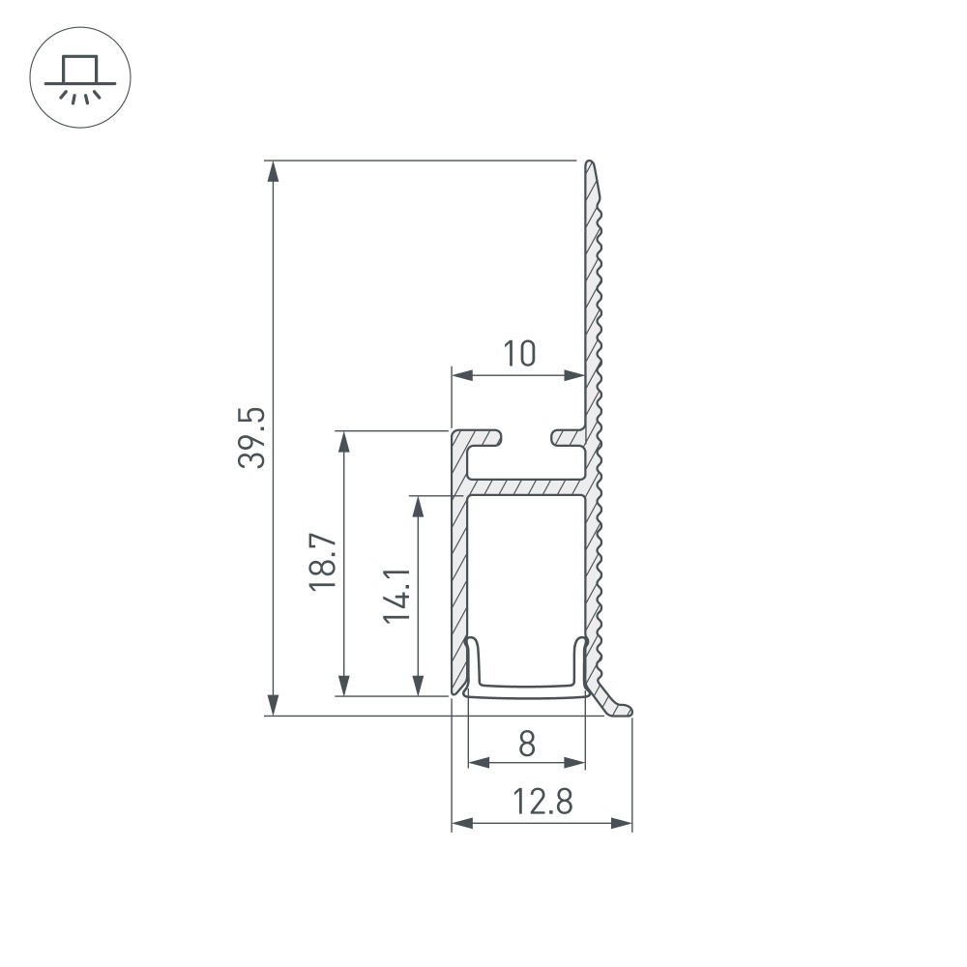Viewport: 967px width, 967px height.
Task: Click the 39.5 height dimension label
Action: tap(250, 437)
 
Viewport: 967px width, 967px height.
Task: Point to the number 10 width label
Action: tap(518, 354)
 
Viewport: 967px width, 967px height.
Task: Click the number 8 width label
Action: tap(526, 744)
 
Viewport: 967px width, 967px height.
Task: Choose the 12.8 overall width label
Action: tap(542, 802)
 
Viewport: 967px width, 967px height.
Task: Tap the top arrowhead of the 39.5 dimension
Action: tap(274, 171)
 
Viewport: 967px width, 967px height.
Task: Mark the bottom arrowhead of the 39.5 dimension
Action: tap(274, 704)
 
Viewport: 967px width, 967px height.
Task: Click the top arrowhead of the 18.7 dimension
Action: tap(342, 442)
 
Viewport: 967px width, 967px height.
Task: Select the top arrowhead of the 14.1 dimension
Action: tap(417, 508)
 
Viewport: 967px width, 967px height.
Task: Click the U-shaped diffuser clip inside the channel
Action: tap(527, 689)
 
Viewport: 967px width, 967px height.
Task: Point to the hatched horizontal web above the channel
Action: tap(527, 486)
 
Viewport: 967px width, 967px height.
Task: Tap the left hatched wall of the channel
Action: tap(458, 580)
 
